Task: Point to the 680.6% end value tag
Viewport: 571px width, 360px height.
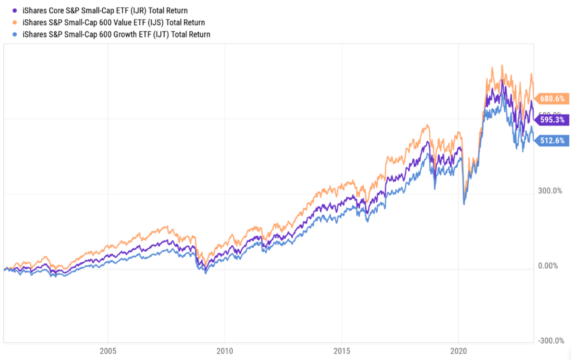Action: (552, 99)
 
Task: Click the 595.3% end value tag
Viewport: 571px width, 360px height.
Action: (552, 120)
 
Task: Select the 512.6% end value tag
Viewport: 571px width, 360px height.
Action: (552, 140)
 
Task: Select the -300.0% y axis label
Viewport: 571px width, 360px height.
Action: (551, 341)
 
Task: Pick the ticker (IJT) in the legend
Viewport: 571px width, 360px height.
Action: (157, 34)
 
